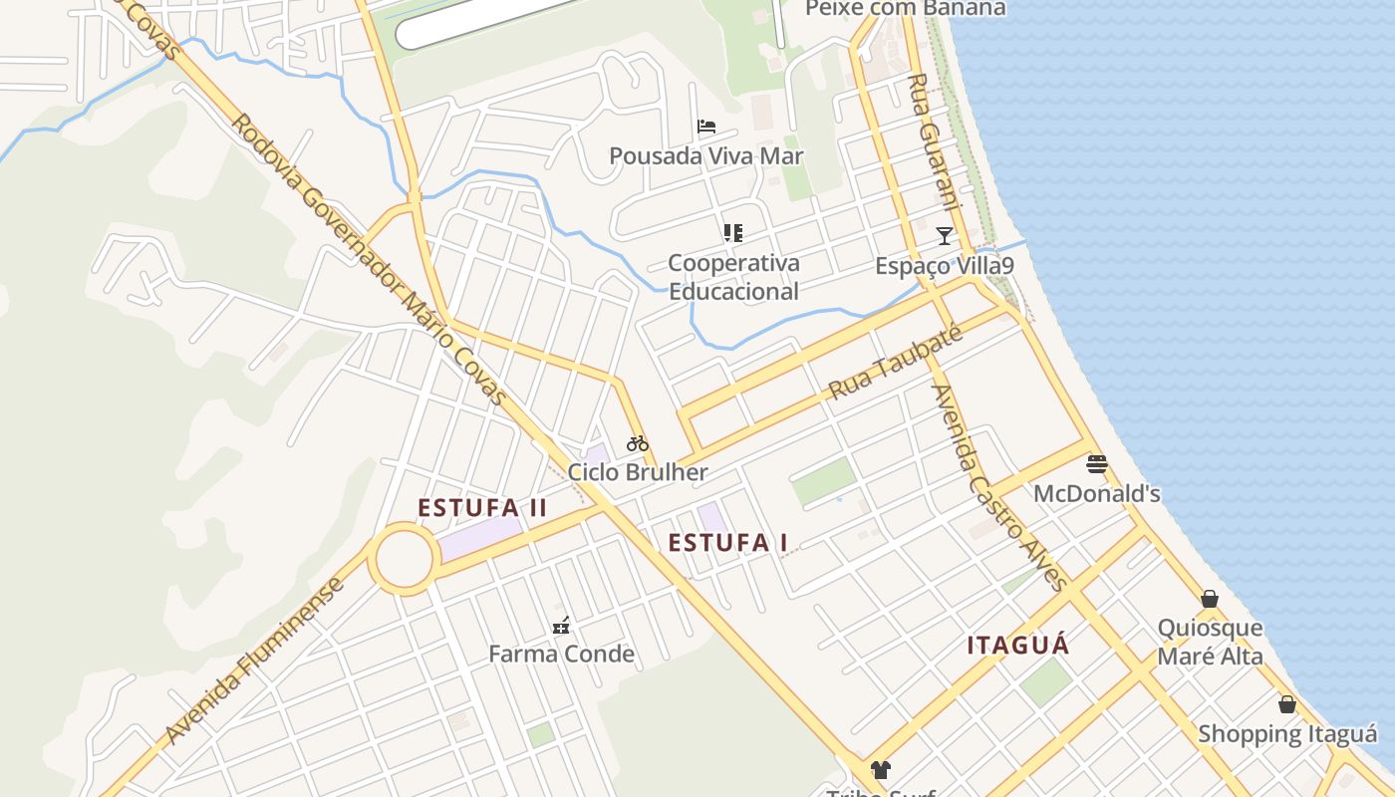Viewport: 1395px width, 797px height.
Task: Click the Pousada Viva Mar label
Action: pos(705,156)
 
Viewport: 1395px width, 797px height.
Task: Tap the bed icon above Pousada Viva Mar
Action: pos(706,128)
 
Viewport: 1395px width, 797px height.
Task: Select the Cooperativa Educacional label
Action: pos(733,277)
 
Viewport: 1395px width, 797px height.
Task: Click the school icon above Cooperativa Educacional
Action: pos(733,233)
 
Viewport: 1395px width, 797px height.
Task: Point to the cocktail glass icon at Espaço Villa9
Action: pos(945,236)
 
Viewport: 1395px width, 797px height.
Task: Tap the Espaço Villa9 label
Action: pos(945,266)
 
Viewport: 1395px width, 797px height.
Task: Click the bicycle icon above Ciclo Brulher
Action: pos(638,443)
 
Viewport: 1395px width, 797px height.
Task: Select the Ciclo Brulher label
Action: pos(638,472)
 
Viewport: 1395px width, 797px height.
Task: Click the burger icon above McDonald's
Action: pos(1097,464)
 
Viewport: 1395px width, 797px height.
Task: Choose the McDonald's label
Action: pos(1097,493)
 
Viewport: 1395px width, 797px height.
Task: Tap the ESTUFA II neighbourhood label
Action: pos(482,508)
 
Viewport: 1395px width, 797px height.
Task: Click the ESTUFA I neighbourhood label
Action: pos(728,543)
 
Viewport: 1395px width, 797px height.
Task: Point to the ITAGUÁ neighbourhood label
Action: pos(1018,646)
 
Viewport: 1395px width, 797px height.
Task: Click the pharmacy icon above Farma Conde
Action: pos(562,626)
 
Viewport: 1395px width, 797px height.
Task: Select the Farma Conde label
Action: pos(561,654)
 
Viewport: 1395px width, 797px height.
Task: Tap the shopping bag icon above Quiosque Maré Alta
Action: pos(1210,599)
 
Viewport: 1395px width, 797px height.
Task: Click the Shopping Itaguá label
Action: pos(1287,734)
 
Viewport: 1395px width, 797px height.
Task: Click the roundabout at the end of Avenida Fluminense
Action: pos(405,559)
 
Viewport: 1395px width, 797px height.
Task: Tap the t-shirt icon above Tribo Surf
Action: pos(881,769)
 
